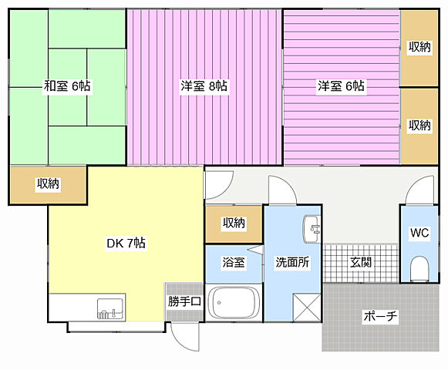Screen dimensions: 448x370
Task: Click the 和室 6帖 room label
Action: pos(67,86)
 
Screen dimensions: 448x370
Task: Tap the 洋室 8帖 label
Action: pos(204,86)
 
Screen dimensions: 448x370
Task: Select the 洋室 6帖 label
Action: pos(341,86)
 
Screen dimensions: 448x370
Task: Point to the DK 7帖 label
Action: pos(126,243)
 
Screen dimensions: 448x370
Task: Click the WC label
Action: pos(419,233)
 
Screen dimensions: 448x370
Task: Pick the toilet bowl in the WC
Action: pos(419,268)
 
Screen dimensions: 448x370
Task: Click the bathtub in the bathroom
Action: pos(234,303)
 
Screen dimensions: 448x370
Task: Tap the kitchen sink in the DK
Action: pos(110,308)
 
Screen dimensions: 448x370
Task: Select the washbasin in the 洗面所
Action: pos(312,229)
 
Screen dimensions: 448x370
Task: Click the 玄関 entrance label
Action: pos(361,262)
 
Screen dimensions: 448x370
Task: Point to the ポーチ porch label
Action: pos(380,316)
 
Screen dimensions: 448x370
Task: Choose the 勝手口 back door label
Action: pos(184,301)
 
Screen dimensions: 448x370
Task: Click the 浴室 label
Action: pos(234,262)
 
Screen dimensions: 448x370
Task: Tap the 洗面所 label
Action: pos(292,262)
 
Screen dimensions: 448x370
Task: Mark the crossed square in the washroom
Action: pos(307,308)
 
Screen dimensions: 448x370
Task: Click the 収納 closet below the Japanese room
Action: pos(48,184)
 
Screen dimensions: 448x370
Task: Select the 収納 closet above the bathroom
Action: pos(234,224)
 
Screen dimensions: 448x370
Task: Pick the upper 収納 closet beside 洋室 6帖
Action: pos(419,48)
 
